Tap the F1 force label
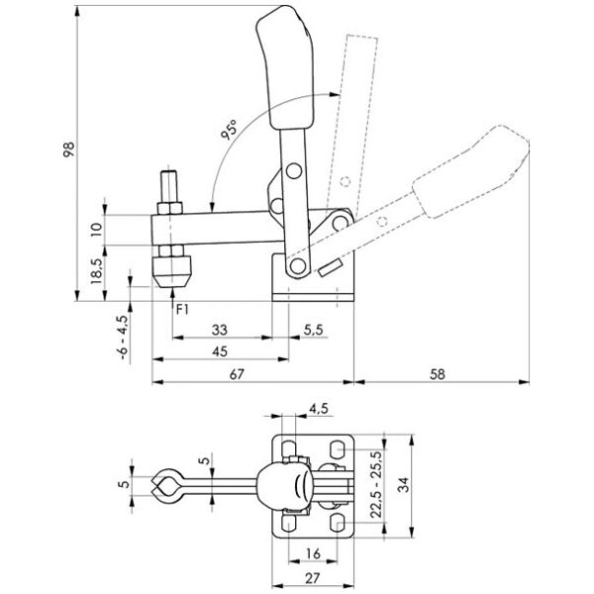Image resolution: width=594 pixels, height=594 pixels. [181, 309]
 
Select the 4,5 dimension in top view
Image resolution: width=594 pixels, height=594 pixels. [318, 407]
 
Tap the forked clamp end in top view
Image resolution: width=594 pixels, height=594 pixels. [165, 485]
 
